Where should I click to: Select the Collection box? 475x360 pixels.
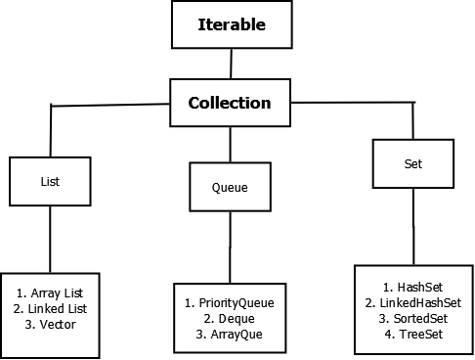(x=229, y=102)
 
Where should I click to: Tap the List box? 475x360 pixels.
(x=50, y=181)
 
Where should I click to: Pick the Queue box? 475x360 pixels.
(x=230, y=186)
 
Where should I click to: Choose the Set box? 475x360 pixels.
(x=413, y=163)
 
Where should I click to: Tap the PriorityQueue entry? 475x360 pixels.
(x=230, y=303)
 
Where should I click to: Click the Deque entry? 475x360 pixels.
(x=230, y=319)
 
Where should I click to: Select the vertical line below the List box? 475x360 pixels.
(x=50, y=240)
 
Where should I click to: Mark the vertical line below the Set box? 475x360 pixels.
(x=414, y=225)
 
